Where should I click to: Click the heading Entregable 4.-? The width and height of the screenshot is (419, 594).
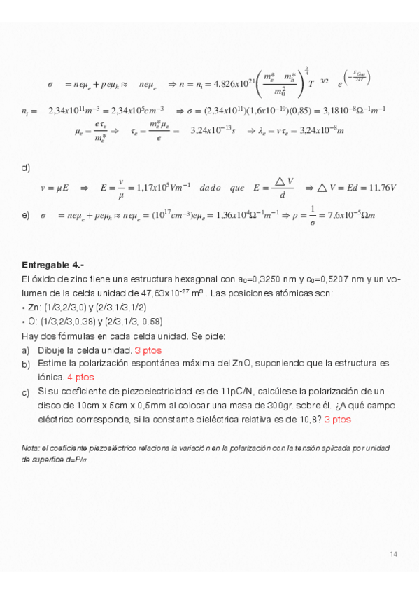(53, 265)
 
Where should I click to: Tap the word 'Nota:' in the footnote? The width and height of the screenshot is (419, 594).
(30, 448)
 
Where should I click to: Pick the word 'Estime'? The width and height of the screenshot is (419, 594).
(52, 363)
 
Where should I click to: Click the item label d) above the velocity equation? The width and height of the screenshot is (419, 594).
(26, 167)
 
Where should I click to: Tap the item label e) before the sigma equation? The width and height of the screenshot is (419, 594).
(26, 215)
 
